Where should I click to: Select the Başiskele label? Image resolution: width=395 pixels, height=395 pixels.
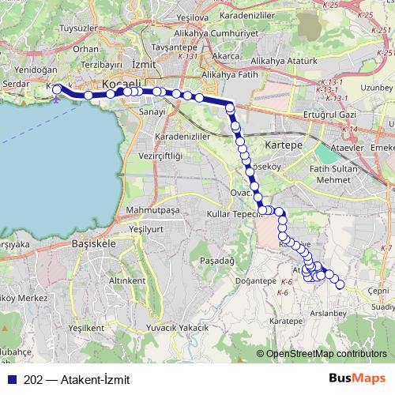point(94,245)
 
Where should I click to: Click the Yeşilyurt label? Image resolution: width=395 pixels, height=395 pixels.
point(145,228)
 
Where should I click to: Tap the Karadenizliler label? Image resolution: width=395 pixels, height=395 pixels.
point(182,136)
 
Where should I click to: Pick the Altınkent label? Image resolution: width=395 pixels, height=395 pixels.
point(128,280)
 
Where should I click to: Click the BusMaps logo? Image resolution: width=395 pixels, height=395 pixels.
point(358,378)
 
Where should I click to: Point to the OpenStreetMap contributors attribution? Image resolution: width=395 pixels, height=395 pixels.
point(326,353)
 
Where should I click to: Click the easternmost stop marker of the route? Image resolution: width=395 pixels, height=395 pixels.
point(341,285)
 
